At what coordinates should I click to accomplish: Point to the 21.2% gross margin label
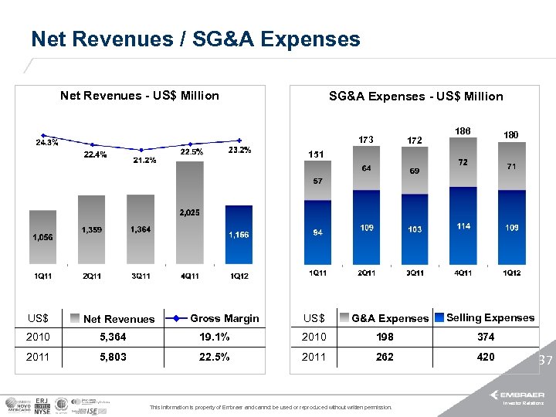click(x=144, y=161)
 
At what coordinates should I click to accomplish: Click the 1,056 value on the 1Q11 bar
click(x=42, y=238)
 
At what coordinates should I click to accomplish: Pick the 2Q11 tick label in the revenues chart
click(x=92, y=276)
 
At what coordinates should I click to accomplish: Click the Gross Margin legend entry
click(x=215, y=318)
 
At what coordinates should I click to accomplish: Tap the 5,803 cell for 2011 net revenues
click(x=113, y=357)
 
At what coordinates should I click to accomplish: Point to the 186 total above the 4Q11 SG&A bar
click(x=463, y=131)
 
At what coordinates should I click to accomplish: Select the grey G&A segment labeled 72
click(x=463, y=164)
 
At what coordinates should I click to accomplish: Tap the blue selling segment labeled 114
click(x=463, y=226)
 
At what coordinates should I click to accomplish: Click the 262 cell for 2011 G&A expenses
click(x=384, y=357)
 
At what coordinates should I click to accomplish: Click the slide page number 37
click(x=546, y=361)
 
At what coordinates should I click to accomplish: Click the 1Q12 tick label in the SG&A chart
click(x=511, y=273)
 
